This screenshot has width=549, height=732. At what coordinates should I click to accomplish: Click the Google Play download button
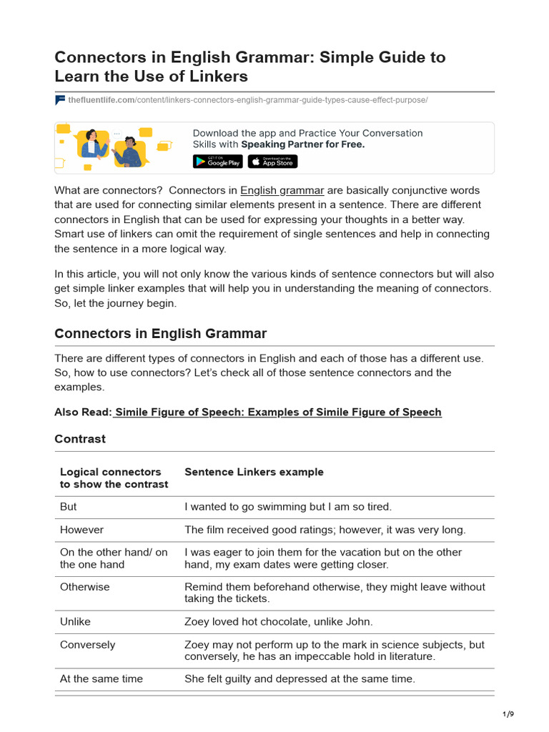pos(218,162)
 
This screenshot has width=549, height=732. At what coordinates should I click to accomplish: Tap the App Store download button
pos(272,162)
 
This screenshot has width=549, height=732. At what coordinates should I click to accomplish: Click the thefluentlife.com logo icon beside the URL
pos(60,100)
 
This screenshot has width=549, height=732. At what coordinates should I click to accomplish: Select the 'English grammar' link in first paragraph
pos(282,191)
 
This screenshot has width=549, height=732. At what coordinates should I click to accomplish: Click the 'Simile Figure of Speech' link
pos(277,412)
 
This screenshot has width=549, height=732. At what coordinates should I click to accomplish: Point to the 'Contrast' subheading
pos(80,439)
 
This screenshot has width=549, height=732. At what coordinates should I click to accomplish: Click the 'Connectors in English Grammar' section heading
pos(160,333)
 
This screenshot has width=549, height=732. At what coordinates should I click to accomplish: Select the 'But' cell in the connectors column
pos(69,507)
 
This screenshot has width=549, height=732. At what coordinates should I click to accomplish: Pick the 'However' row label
pos(81,530)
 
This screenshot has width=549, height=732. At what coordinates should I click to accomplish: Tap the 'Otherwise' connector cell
pos(84,587)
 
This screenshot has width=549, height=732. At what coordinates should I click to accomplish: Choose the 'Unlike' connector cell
pos(75,622)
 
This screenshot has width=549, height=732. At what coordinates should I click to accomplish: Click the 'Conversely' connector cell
pos(87,645)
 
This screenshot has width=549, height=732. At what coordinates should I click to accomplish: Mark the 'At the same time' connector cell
pos(101,679)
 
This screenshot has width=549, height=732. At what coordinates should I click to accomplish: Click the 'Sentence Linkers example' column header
pos(254,473)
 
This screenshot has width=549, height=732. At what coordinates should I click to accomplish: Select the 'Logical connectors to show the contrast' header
pos(114,478)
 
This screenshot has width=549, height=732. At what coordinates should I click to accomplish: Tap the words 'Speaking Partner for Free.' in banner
pos(302,144)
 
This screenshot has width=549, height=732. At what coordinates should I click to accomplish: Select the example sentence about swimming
pos(288,507)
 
